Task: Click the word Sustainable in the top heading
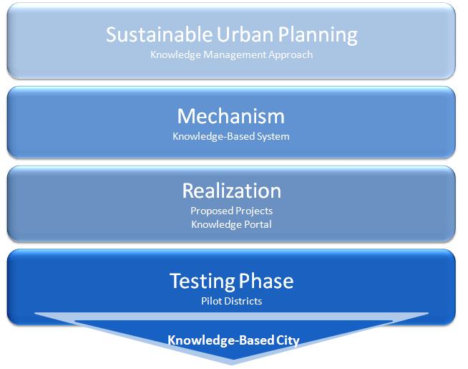pos(159,34)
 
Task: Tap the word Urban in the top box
pos(245,34)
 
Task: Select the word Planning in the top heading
pos(318,36)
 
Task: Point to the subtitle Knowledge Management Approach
pos(232,55)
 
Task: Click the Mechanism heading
pos(231,116)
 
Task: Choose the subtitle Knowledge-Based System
pos(231,137)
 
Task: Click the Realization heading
pos(232,191)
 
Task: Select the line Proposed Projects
pos(232,211)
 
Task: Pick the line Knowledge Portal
pos(232,225)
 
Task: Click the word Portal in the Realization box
pos(258,224)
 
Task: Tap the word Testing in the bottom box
pos(203,282)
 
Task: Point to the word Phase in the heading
pos(266,281)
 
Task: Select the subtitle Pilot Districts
pos(232,301)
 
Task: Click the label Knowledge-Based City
pos(233,340)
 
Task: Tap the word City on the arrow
pos(288,340)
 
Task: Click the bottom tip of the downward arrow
pos(232,365)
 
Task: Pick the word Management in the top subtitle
pos(235,55)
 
